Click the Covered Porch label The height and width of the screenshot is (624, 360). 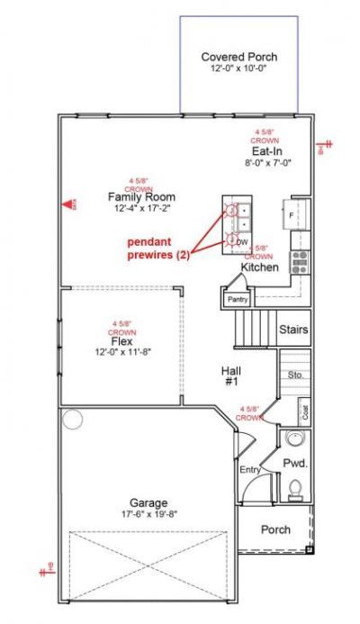pos(238,57)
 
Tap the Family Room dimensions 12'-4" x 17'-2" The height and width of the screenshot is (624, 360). pos(141,208)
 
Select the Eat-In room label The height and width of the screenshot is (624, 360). pos(266,152)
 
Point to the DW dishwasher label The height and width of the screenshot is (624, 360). pos(241,243)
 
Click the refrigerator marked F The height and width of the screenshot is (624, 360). pos(292,216)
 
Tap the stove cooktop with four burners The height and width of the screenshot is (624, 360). pos(300,262)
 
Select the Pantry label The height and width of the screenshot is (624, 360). pos(238,299)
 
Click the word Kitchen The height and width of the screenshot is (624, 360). pos(258,267)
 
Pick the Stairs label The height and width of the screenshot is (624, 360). pos(293,330)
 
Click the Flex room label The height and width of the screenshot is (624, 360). pos(123,342)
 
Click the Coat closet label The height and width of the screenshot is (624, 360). pos(305,412)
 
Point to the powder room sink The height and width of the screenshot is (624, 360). pos(294,440)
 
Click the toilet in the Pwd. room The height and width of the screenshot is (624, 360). pos(294,490)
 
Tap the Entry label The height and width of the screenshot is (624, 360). pos(249,470)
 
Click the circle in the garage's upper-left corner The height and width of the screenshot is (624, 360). pos(72,419)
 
